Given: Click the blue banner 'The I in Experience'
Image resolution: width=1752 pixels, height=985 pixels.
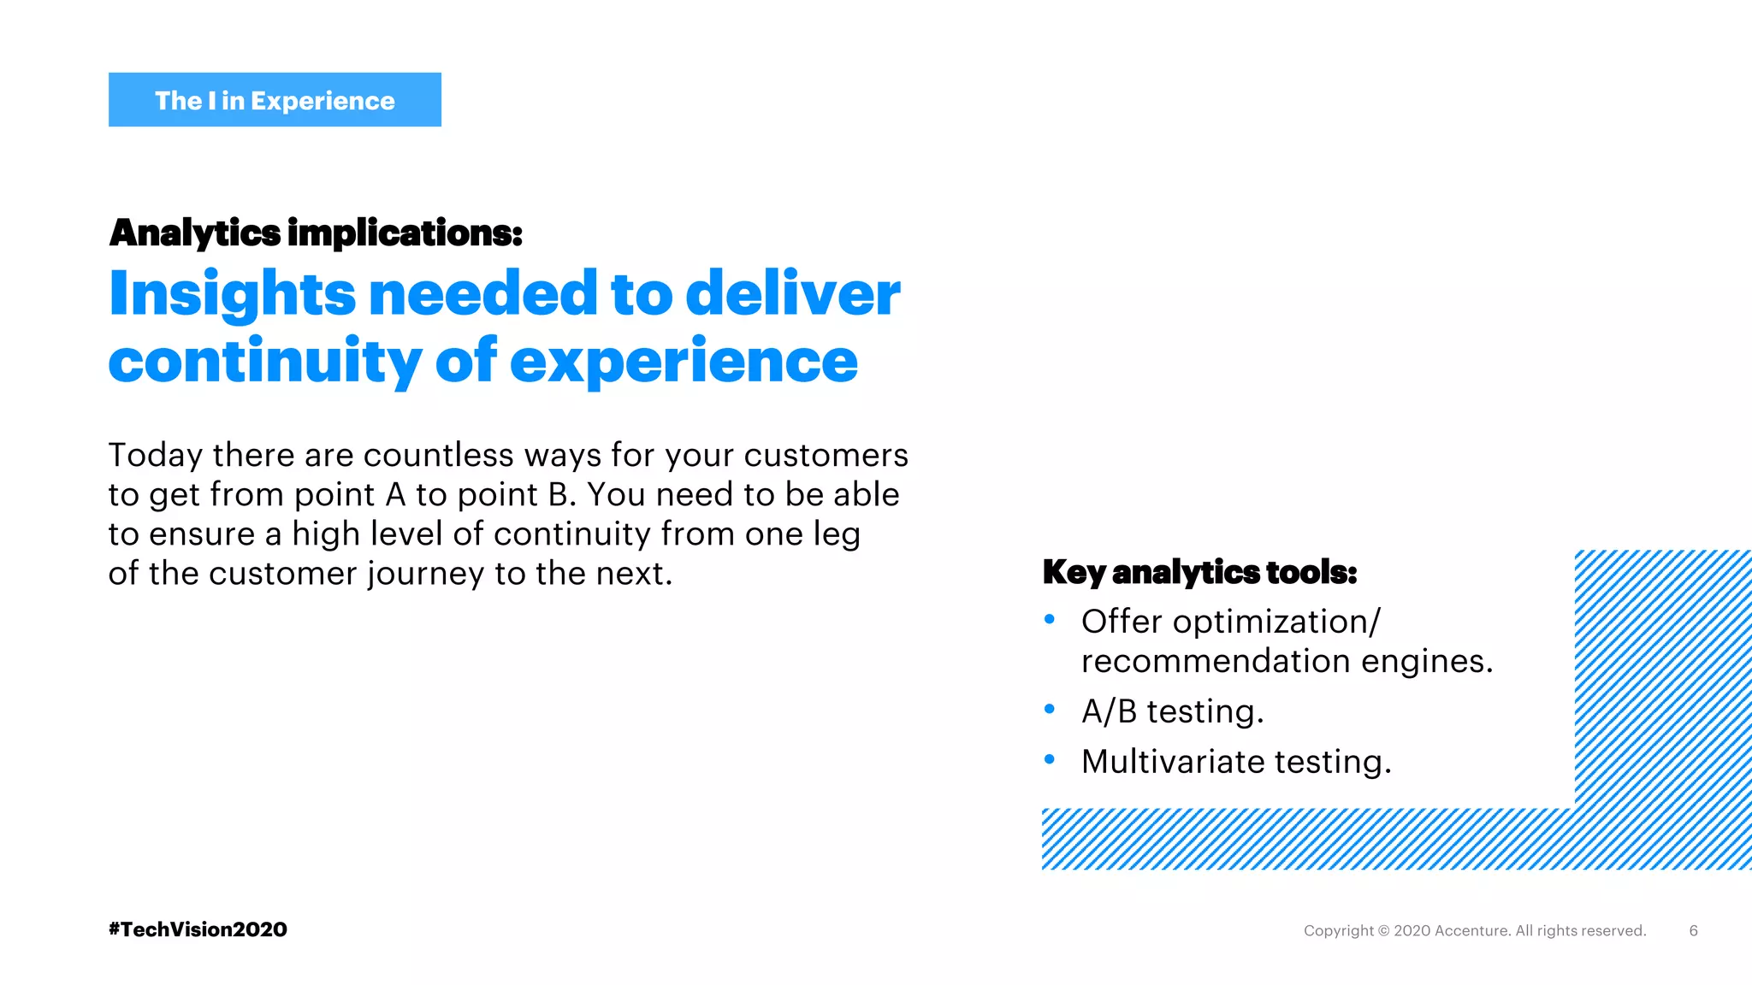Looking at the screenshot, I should (x=275, y=100).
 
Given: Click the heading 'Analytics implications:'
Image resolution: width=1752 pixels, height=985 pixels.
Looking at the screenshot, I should (x=316, y=233).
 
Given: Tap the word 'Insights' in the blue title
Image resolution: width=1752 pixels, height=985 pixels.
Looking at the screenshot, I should (x=232, y=293).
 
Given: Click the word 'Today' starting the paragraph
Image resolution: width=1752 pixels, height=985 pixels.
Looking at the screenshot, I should (x=155, y=456).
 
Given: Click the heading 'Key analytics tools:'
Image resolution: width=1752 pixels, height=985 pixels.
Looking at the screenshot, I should (x=1199, y=572).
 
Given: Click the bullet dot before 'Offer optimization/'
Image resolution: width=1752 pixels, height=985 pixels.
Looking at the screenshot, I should (x=1050, y=619).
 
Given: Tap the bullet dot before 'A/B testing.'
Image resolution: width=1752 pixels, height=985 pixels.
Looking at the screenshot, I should (x=1050, y=709).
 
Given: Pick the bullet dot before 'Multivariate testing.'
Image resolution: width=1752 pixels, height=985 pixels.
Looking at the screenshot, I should (x=1050, y=759).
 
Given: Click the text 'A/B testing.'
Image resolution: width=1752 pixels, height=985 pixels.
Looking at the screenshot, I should (x=1172, y=711).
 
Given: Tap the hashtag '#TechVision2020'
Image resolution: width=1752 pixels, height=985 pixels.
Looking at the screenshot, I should (x=198, y=929).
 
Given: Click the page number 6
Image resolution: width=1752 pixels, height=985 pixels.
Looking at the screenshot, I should (x=1693, y=930).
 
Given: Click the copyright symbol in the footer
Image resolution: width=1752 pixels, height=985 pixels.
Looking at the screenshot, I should (x=1383, y=930).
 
